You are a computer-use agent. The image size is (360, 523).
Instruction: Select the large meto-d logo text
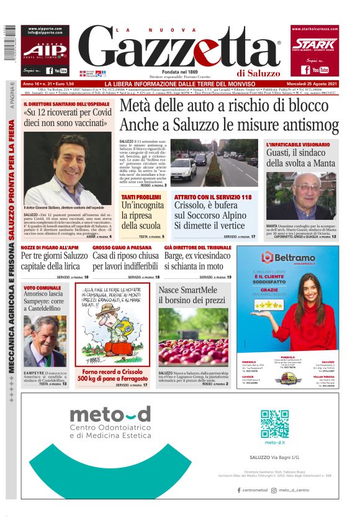110,414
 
